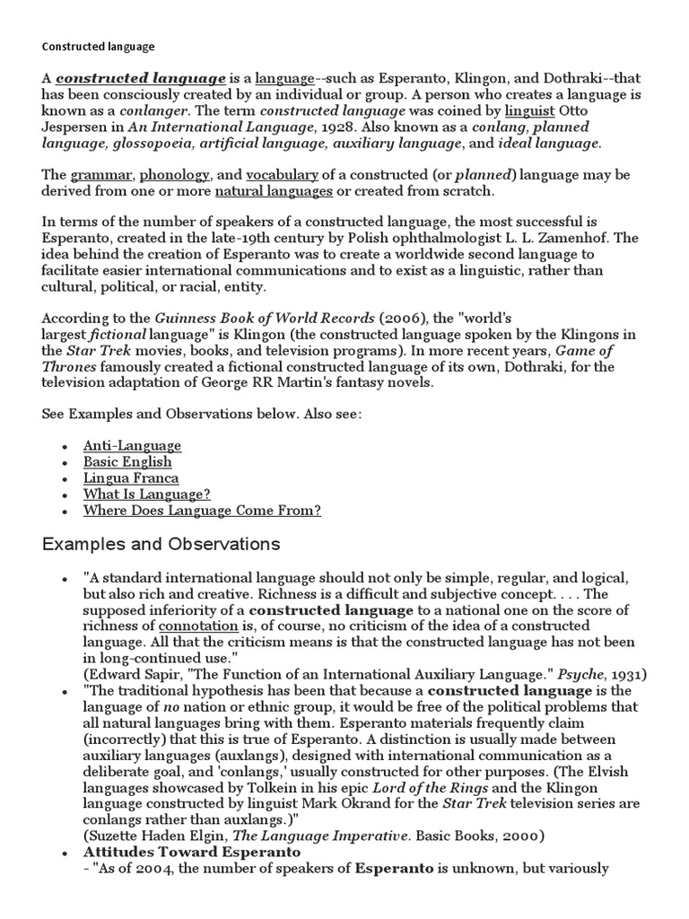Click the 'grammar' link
[x=101, y=175]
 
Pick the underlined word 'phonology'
[x=175, y=175]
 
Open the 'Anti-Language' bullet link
[x=132, y=445]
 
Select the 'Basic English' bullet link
[x=126, y=462]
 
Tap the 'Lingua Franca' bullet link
[x=131, y=478]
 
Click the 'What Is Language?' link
[x=146, y=495]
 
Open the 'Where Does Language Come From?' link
[x=202, y=511]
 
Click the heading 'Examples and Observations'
[x=161, y=545]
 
